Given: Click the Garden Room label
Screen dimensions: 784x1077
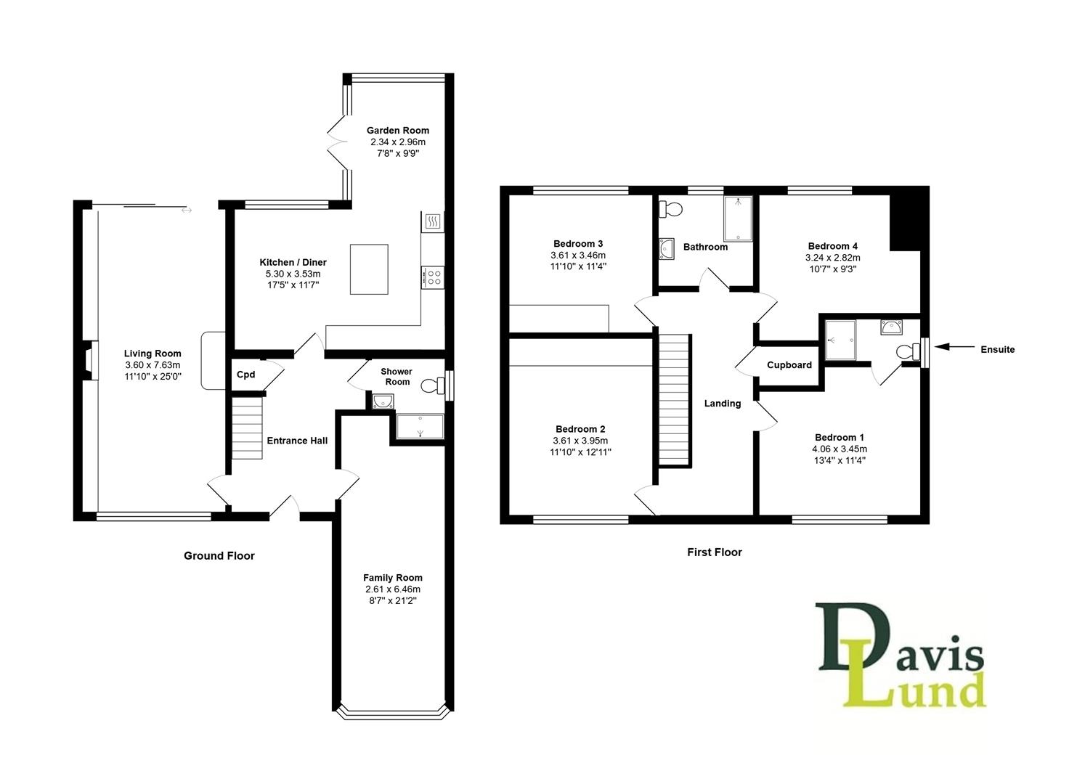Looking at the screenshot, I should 397,131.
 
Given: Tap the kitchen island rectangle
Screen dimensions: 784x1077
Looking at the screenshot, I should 369,269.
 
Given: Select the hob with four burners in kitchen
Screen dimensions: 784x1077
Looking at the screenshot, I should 433,277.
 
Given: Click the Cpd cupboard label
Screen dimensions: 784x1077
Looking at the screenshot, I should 245,375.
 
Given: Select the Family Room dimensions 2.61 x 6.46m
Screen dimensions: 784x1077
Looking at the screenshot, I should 393,589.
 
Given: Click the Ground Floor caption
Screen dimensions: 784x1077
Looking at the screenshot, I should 219,556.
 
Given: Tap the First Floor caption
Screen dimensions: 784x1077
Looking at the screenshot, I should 715,552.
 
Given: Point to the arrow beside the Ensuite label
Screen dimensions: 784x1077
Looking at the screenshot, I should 954,348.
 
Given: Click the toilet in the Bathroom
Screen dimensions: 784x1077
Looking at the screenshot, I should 671,210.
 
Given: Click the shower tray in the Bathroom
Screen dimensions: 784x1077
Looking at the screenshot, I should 738,218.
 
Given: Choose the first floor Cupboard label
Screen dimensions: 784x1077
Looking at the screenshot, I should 789,365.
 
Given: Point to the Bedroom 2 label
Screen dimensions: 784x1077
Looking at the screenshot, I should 580,429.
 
